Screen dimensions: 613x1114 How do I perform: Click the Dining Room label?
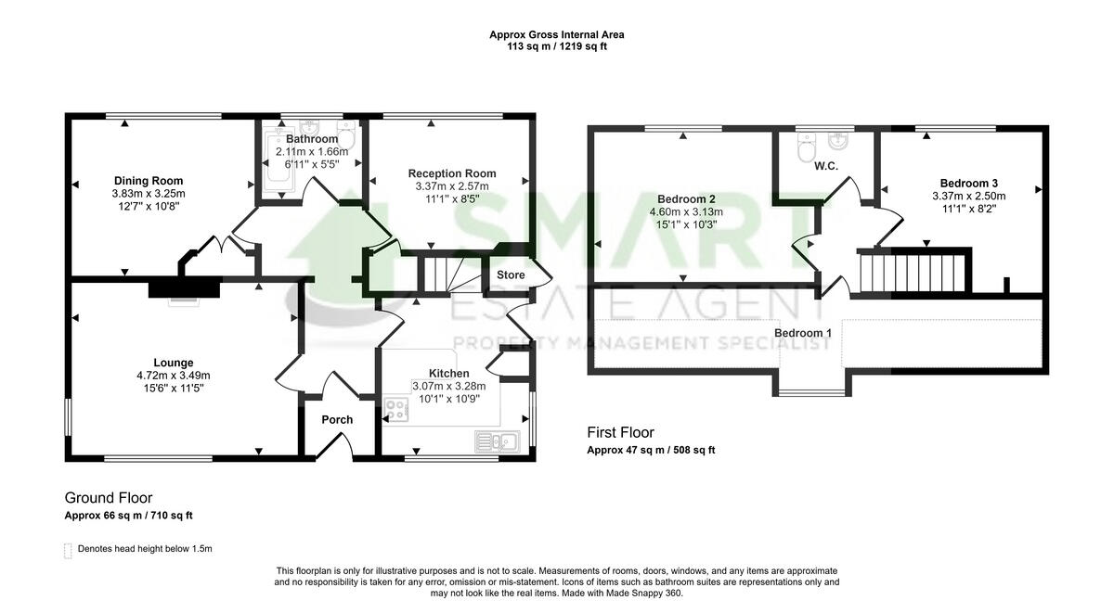tap(149, 181)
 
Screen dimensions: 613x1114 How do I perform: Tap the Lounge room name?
tap(174, 363)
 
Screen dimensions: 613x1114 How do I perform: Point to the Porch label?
tap(337, 420)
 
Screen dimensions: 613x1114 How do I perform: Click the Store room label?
tap(511, 275)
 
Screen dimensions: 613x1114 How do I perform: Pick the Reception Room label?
tap(452, 173)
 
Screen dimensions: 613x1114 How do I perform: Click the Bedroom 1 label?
tap(803, 333)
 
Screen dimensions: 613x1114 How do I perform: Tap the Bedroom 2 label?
tap(686, 199)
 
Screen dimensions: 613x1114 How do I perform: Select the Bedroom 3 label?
tap(968, 184)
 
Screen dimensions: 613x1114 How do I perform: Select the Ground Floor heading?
tap(109, 498)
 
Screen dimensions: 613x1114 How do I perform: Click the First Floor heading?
tap(620, 432)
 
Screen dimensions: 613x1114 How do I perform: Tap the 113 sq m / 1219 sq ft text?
tap(557, 46)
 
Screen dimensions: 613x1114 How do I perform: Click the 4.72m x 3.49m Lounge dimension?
tap(174, 376)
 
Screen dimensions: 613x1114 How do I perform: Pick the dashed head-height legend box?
tap(68, 550)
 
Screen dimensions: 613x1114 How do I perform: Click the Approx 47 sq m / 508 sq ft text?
tap(651, 451)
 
